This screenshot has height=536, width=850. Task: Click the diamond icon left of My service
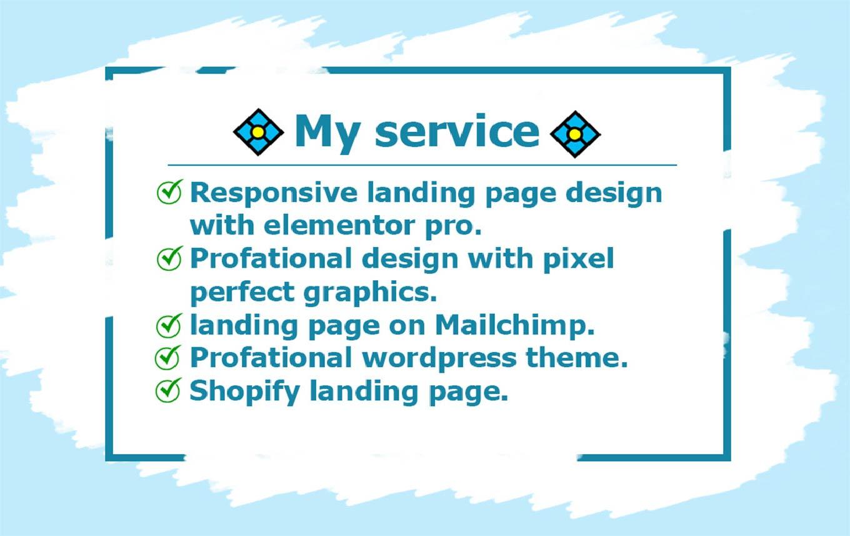click(x=259, y=133)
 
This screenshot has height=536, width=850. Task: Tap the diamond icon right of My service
click(x=575, y=134)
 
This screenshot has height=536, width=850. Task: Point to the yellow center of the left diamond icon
click(x=259, y=133)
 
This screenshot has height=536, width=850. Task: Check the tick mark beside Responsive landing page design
click(x=169, y=192)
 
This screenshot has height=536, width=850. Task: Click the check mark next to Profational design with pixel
click(x=169, y=258)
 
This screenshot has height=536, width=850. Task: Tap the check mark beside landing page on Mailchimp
click(x=169, y=325)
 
